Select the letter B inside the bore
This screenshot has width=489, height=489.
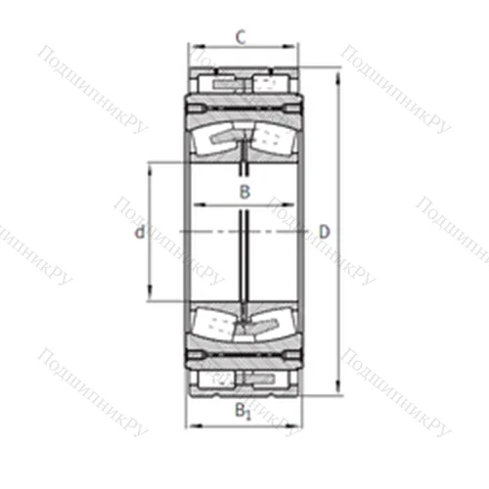pyautogui.click(x=244, y=192)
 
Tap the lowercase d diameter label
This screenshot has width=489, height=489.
pyautogui.click(x=140, y=232)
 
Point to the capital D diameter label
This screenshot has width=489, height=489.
pyautogui.click(x=325, y=232)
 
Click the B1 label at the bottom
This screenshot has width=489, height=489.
pyautogui.click(x=244, y=412)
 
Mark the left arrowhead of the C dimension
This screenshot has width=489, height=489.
pyautogui.click(x=193, y=46)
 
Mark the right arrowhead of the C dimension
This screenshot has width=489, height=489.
pyautogui.click(x=295, y=46)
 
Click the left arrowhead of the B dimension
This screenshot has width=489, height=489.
pyautogui.click(x=197, y=204)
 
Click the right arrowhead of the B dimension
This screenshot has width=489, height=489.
pyautogui.click(x=291, y=204)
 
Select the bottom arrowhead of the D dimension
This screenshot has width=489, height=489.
pyautogui.click(x=338, y=392)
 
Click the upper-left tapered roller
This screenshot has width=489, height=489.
pyautogui.click(x=218, y=138)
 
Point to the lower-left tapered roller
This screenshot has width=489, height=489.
pyautogui.click(x=218, y=324)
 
